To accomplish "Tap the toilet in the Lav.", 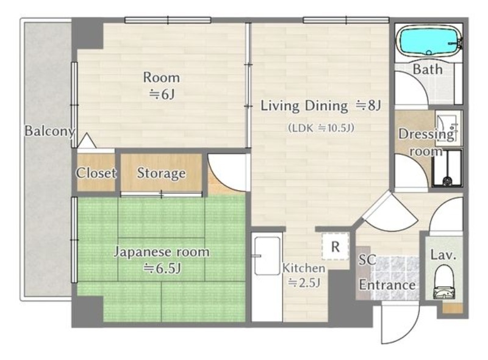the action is pyautogui.click(x=444, y=282).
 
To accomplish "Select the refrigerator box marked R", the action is pyautogui.click(x=335, y=247).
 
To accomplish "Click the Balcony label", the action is pyautogui.click(x=50, y=131).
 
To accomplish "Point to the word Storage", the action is pyautogui.click(x=161, y=173).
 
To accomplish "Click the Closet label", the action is pyautogui.click(x=96, y=173).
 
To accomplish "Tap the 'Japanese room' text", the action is pyautogui.click(x=162, y=252).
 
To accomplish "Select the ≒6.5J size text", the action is pyautogui.click(x=162, y=268).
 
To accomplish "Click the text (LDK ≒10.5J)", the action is pyautogui.click(x=321, y=128).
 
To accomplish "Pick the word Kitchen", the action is pyautogui.click(x=303, y=268).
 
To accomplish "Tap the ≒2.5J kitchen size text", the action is pyautogui.click(x=304, y=283).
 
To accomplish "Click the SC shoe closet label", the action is pyautogui.click(x=367, y=260).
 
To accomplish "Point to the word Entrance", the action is pyautogui.click(x=387, y=285).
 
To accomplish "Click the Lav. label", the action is pyautogui.click(x=443, y=255).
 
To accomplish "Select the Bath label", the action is pyautogui.click(x=428, y=69).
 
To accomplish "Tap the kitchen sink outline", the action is pyautogui.click(x=267, y=256).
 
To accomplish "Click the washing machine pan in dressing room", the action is pyautogui.click(x=447, y=168).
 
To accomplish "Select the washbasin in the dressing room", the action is pyautogui.click(x=447, y=128).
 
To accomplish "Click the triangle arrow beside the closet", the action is pyautogui.click(x=87, y=140).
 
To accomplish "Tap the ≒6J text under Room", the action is pyautogui.click(x=161, y=94).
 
